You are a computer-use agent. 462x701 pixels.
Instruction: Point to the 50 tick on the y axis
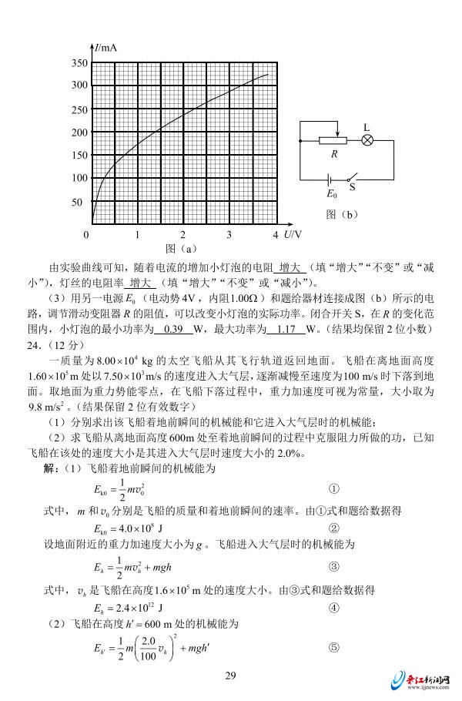77,203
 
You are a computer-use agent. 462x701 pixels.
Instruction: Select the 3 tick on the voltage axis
229,234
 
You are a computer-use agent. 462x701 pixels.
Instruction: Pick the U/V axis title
291,233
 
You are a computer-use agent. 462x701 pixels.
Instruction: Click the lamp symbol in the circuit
368,140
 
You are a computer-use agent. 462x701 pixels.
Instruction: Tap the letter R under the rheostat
335,154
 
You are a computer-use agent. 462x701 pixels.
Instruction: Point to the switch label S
352,186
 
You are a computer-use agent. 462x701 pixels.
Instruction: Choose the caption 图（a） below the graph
182,248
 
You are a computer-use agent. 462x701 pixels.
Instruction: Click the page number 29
230,676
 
